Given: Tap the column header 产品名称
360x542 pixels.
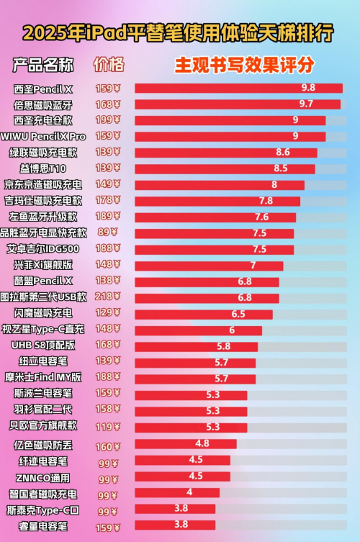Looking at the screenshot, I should pyautogui.click(x=42, y=65).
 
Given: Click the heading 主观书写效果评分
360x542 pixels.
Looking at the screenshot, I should pyautogui.click(x=245, y=65).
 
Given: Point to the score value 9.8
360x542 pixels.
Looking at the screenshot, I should pyautogui.click(x=308, y=88).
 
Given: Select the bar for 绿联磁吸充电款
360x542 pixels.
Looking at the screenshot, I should pyautogui.click(x=225, y=153).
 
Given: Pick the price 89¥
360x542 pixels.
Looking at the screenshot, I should pyautogui.click(x=107, y=232).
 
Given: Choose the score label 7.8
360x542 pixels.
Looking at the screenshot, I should pyautogui.click(x=266, y=201).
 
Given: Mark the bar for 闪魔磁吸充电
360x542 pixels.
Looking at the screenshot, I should pyautogui.click(x=203, y=314).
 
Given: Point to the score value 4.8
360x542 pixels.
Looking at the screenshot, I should pyautogui.click(x=202, y=443).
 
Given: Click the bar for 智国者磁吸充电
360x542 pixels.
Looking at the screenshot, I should pyautogui.click(x=176, y=493).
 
